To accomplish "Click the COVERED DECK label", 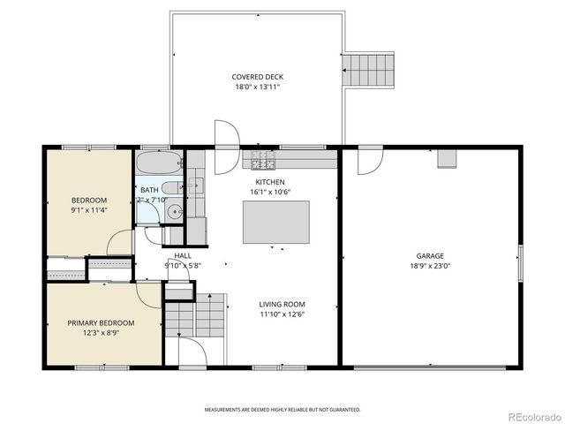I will (x=258, y=77).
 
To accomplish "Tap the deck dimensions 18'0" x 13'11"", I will (x=258, y=87).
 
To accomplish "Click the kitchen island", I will (x=275, y=222).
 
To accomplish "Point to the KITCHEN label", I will (x=270, y=182).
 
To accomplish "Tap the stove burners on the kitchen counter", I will (x=261, y=161).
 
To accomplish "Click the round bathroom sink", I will (x=174, y=211).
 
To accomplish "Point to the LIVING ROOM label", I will (x=282, y=304).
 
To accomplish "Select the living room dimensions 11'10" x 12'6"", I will (x=282, y=314).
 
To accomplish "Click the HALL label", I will (x=183, y=255).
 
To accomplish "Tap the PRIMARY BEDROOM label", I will (x=102, y=322).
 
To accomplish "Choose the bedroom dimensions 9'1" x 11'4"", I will (x=88, y=210).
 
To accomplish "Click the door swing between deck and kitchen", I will (x=226, y=133).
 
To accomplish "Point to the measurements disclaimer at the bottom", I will (x=282, y=410).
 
